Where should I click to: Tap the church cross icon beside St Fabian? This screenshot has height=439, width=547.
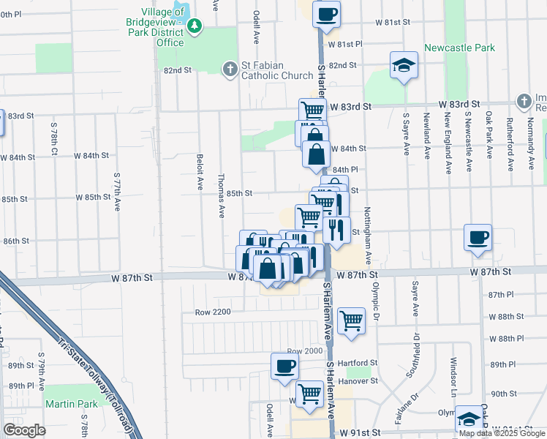click(230, 69)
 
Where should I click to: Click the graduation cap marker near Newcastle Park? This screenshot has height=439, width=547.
click(404, 65)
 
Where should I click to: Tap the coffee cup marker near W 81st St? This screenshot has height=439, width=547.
click(327, 12)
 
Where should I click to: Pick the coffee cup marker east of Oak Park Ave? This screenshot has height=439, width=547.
click(478, 237)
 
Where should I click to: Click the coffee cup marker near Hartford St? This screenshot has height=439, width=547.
click(284, 366)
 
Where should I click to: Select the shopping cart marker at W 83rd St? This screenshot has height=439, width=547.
click(312, 110)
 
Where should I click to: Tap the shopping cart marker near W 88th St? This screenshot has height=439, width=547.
click(352, 320)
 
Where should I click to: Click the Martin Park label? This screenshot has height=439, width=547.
click(71, 404)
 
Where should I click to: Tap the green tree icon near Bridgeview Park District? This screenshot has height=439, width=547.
click(195, 28)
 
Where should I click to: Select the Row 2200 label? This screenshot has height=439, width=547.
click(213, 312)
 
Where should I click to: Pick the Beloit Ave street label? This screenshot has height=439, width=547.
click(199, 172)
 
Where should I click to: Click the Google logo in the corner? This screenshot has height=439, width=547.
click(23, 430)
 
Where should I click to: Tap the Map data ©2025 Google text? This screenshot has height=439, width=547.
click(502, 433)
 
